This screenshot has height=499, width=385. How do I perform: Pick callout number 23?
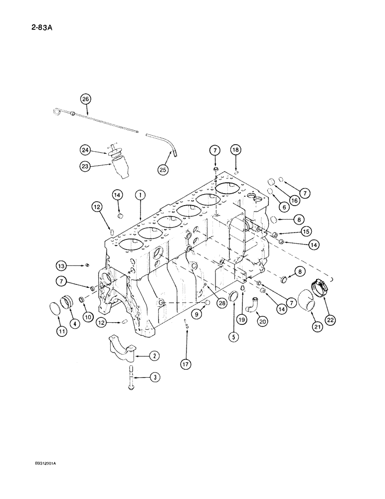85,168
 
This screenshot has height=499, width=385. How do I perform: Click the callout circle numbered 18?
235,150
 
